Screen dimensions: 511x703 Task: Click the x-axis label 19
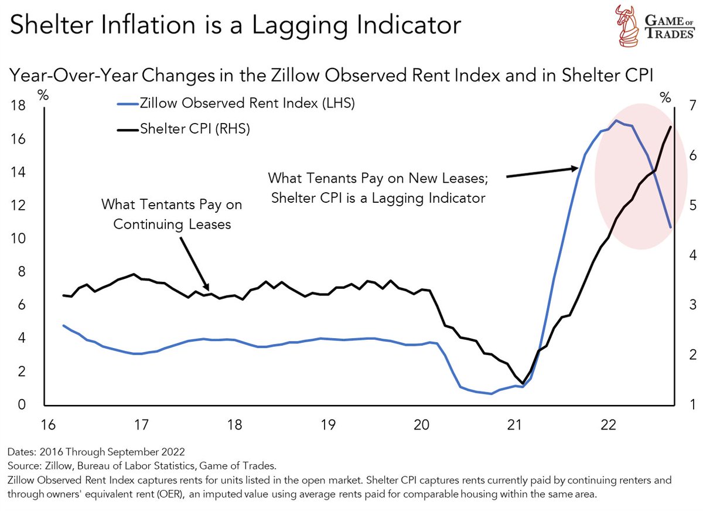click(327, 424)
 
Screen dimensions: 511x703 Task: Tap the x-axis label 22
click(608, 424)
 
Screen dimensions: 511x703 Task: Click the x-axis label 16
click(47, 424)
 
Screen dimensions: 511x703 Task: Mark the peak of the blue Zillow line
click(616, 120)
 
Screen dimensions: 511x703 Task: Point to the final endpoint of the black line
click(671, 127)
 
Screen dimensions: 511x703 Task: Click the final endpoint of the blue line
click(671, 227)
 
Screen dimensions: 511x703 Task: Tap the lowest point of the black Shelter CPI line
click(522, 383)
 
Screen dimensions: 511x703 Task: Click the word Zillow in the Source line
click(56, 466)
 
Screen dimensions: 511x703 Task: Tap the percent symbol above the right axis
click(665, 98)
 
